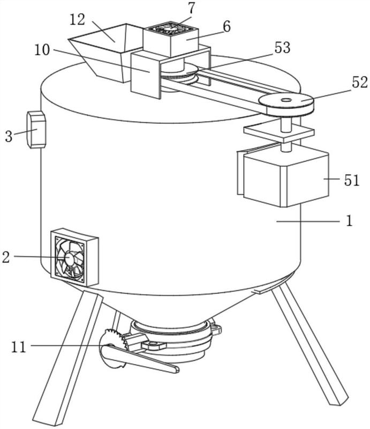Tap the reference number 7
[191, 8]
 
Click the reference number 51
[351, 180]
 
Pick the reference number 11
[19, 346]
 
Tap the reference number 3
[8, 136]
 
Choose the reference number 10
[42, 50]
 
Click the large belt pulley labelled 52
[286, 102]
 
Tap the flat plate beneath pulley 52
[278, 130]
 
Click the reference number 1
[349, 221]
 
